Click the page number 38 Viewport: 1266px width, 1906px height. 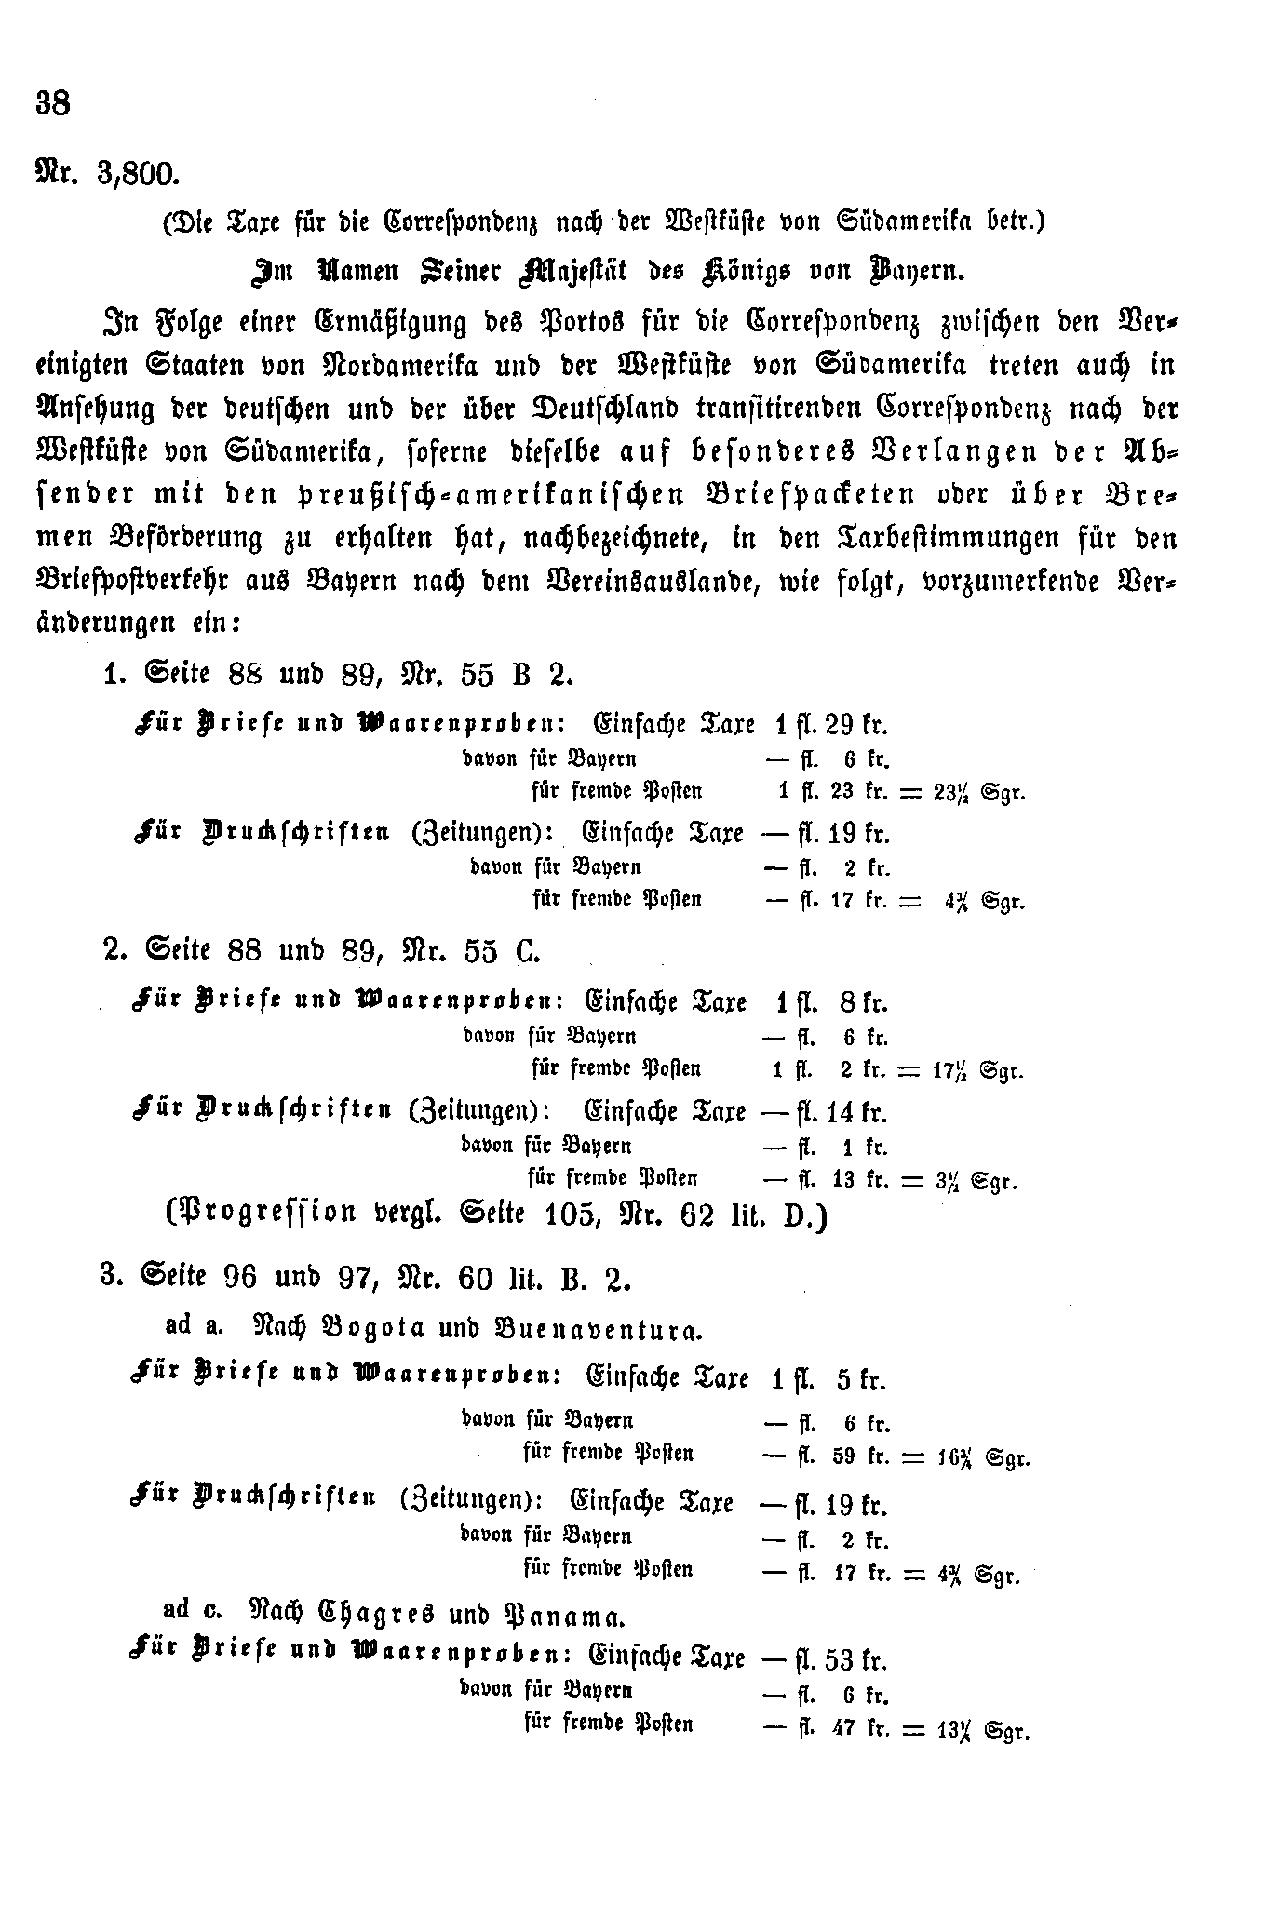(x=53, y=102)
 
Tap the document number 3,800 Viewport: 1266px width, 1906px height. (x=137, y=174)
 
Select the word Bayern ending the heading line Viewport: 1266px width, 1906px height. (x=916, y=271)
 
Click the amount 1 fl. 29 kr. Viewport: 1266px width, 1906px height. (x=830, y=723)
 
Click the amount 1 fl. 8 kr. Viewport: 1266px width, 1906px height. (x=830, y=1002)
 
